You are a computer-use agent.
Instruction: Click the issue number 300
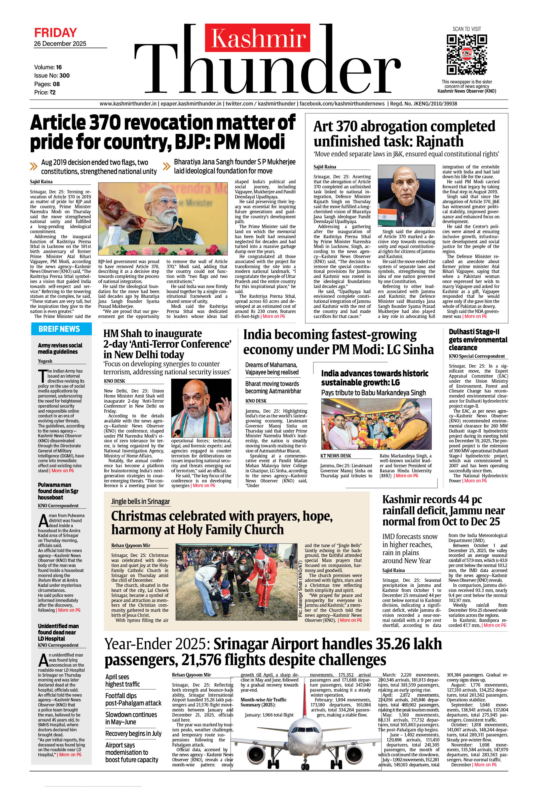64,76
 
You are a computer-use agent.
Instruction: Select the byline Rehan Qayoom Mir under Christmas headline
131,546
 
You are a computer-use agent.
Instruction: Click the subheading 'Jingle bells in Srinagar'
140,502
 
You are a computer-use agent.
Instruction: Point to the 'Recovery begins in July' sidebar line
133,733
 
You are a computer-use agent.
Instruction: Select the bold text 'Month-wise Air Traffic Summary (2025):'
263,702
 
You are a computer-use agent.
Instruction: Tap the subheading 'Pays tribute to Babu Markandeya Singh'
373,393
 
